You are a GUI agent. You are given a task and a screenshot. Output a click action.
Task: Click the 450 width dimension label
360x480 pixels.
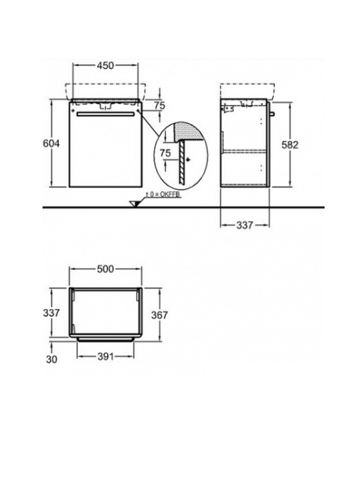(106, 65)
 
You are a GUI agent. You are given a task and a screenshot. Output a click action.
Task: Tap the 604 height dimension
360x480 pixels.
(51, 143)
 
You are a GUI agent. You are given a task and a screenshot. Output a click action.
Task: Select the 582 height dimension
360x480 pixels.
(290, 145)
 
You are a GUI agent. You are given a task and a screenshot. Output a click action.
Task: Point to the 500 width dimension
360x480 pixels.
(106, 269)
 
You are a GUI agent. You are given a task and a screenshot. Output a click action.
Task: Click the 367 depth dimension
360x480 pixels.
(159, 315)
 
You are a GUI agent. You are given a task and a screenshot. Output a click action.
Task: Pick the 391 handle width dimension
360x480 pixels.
(106, 356)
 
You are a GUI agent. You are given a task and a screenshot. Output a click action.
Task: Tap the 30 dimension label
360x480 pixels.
(51, 359)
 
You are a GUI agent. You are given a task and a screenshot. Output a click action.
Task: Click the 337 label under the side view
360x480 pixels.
(245, 225)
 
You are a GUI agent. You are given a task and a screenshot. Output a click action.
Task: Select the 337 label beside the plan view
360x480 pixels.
(51, 313)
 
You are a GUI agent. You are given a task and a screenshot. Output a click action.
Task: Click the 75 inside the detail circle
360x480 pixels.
(166, 153)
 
